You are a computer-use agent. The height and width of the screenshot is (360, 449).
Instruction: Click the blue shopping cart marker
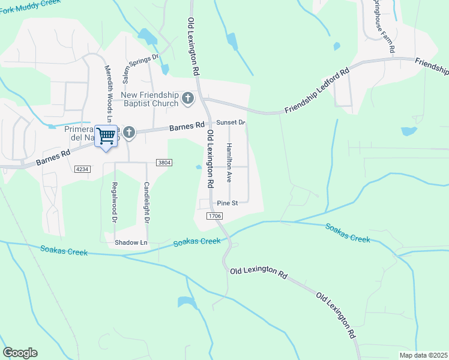106,137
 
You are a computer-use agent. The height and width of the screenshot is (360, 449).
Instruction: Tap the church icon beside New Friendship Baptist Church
188,98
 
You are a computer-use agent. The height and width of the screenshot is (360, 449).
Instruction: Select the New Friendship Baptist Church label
149,99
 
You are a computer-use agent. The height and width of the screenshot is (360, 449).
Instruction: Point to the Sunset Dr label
231,122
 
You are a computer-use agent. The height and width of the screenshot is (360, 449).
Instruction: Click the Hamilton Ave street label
229,163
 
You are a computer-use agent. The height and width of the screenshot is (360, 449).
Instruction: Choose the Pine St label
228,203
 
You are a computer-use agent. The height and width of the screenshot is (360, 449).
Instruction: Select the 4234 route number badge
82,170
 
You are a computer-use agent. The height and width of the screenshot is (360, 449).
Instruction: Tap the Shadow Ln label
131,242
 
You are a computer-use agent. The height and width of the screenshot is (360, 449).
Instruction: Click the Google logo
20,353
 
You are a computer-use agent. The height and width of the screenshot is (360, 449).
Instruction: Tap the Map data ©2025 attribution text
423,355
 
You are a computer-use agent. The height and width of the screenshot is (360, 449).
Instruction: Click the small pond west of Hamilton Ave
198,167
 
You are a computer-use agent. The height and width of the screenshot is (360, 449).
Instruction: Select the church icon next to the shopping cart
128,131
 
